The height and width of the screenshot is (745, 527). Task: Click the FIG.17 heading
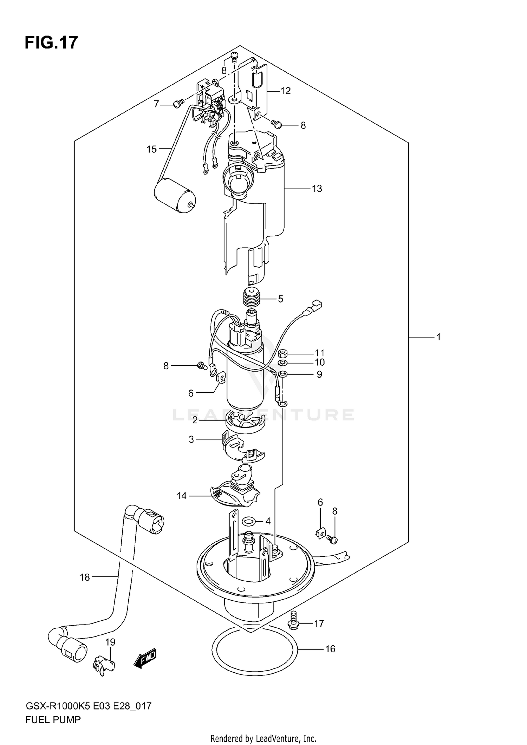click(51, 43)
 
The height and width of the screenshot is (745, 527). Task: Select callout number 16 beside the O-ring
click(330, 649)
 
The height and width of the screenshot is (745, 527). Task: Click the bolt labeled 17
click(293, 623)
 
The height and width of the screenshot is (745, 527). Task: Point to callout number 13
click(317, 189)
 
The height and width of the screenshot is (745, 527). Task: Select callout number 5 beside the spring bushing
click(280, 299)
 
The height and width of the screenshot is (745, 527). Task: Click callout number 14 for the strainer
click(182, 496)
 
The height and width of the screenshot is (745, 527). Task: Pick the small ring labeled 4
click(249, 521)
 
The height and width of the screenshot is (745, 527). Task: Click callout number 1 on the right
click(438, 337)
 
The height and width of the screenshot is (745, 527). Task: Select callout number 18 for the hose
click(85, 577)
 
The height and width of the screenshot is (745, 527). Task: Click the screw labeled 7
click(179, 104)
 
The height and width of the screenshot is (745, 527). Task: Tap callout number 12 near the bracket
click(285, 91)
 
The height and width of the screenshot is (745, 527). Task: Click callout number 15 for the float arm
click(151, 149)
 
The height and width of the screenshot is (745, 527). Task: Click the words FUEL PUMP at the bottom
click(53, 720)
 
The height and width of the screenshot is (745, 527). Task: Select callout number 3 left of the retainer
click(191, 439)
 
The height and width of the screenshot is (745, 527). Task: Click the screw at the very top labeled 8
click(235, 55)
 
